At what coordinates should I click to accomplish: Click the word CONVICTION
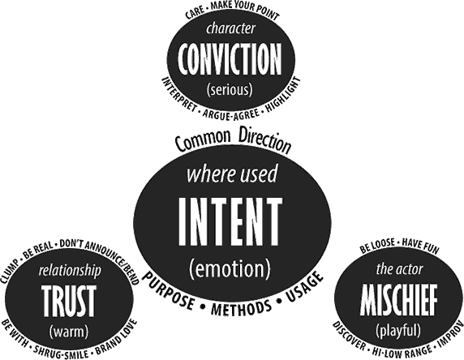tap(230, 59)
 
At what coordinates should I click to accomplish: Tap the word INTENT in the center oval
tap(230, 221)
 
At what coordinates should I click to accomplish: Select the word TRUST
tap(69, 300)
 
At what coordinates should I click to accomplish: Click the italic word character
tap(230, 28)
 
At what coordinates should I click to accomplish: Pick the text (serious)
tap(230, 90)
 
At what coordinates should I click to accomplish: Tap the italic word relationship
tap(70, 271)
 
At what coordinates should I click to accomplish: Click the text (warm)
tap(69, 332)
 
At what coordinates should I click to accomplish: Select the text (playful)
tap(398, 330)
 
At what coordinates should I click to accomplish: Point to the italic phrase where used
tap(232, 174)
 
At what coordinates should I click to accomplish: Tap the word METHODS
tap(241, 308)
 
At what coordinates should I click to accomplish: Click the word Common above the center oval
tap(203, 140)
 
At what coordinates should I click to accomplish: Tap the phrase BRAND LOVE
tap(116, 337)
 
